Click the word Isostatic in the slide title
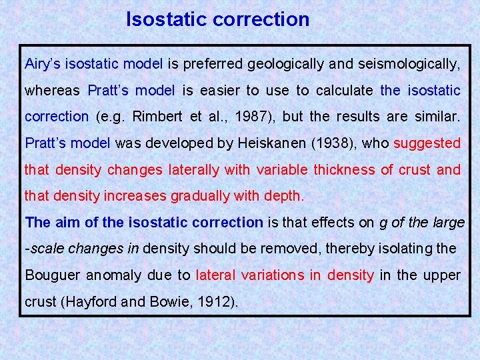click(x=167, y=19)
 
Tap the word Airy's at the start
click(x=42, y=65)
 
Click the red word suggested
click(x=427, y=143)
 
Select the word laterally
click(x=193, y=170)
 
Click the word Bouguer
click(x=51, y=275)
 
